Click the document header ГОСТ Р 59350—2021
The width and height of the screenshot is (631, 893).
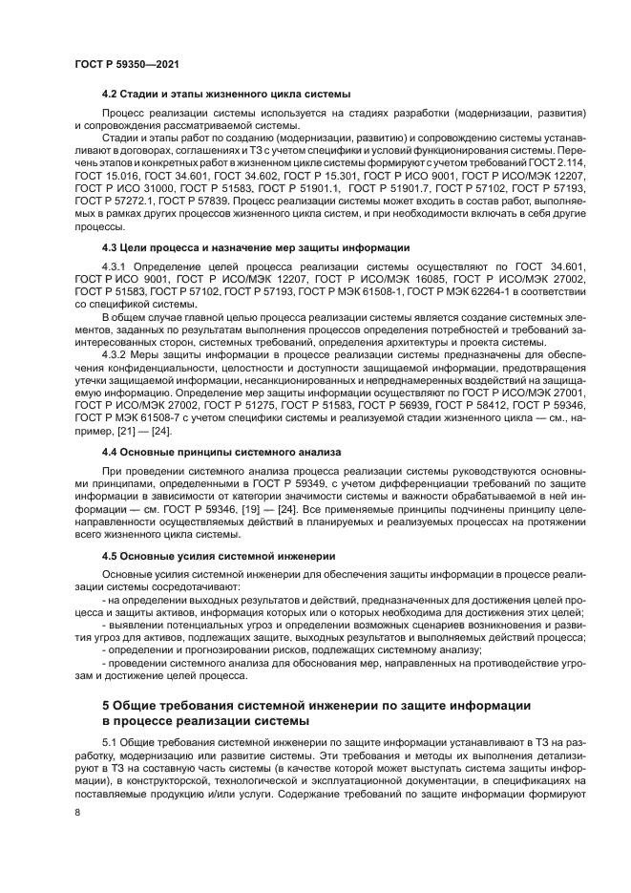pyautogui.click(x=127, y=63)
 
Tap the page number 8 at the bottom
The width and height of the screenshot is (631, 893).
pyautogui.click(x=76, y=812)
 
